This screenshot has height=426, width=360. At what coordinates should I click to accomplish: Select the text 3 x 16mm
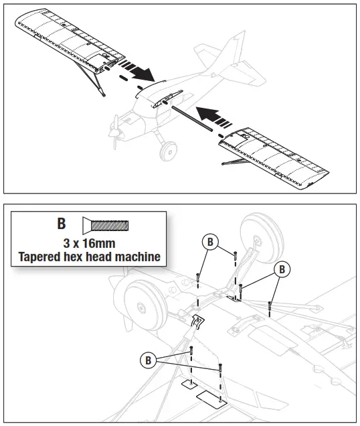pos(84,241)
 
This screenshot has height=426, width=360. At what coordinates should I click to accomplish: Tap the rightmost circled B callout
pos(282,269)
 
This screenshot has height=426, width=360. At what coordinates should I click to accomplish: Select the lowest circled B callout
pos(149,360)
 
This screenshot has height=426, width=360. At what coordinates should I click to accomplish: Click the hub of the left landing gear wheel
pos(141,308)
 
